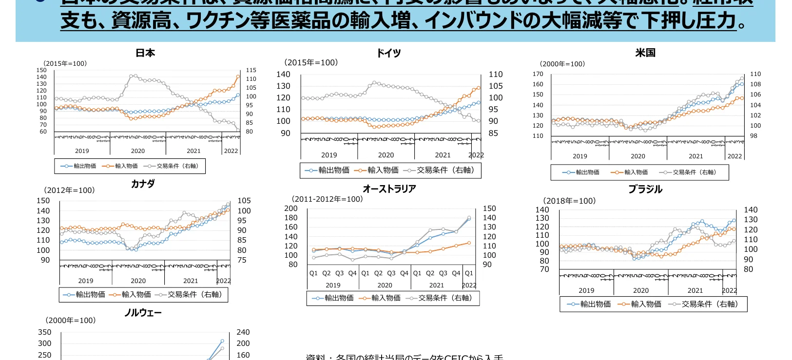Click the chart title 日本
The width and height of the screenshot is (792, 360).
point(145,53)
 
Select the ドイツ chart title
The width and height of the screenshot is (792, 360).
point(388,53)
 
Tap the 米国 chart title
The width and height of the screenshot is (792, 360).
point(645,53)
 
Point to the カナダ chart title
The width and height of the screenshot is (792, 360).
point(143,184)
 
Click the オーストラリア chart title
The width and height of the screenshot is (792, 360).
point(389,189)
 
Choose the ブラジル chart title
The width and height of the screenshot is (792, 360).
point(645,189)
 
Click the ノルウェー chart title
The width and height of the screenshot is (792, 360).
point(143,313)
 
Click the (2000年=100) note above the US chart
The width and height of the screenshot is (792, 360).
point(562,64)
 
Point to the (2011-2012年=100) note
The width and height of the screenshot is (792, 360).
point(327,199)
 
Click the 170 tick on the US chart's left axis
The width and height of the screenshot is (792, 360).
point(538,74)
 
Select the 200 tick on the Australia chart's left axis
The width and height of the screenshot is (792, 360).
point(290,208)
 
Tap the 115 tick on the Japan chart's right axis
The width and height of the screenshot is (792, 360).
point(251,70)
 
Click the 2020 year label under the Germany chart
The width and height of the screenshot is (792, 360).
point(386,155)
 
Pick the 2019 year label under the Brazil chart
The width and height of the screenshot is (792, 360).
point(586,290)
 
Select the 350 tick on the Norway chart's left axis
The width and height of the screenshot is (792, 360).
point(44,332)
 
